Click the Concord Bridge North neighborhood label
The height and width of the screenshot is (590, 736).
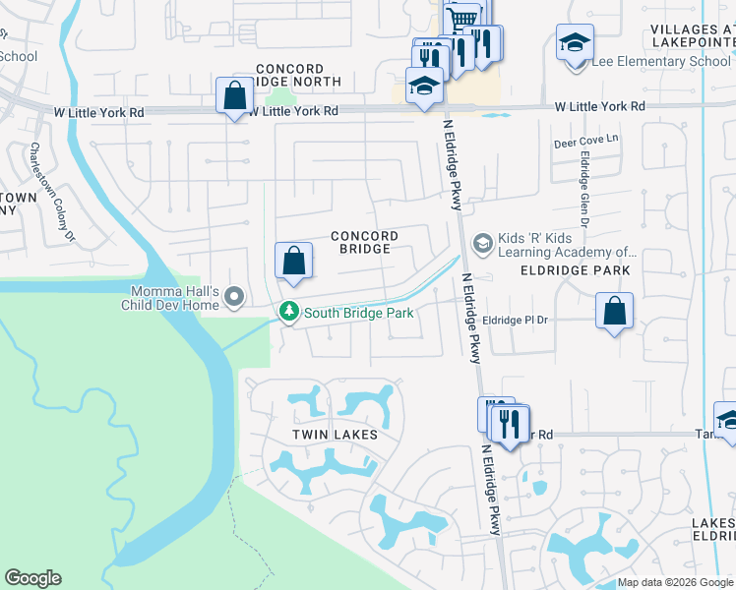pyautogui.click(x=297, y=75)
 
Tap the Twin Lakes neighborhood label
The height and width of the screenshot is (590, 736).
pyautogui.click(x=334, y=434)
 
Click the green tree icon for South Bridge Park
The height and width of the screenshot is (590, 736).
pyautogui.click(x=288, y=312)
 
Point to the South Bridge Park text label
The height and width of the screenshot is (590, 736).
pyautogui.click(x=358, y=313)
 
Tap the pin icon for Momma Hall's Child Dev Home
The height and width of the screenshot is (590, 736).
pyautogui.click(x=234, y=296)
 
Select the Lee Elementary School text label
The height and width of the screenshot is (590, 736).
pyautogui.click(x=660, y=62)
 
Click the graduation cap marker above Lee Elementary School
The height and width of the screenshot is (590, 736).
pyautogui.click(x=575, y=43)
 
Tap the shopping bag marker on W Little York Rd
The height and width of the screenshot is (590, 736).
pyautogui.click(x=234, y=96)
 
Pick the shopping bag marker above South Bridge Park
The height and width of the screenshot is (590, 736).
pyautogui.click(x=293, y=261)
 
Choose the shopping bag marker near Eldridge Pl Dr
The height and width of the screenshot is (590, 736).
pyautogui.click(x=614, y=312)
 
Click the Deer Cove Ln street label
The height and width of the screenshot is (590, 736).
pyautogui.click(x=586, y=139)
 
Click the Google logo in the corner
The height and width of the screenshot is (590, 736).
pyautogui.click(x=32, y=578)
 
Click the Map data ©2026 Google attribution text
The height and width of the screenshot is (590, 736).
pyautogui.click(x=675, y=583)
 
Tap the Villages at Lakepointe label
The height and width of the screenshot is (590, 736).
pyautogui.click(x=693, y=36)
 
